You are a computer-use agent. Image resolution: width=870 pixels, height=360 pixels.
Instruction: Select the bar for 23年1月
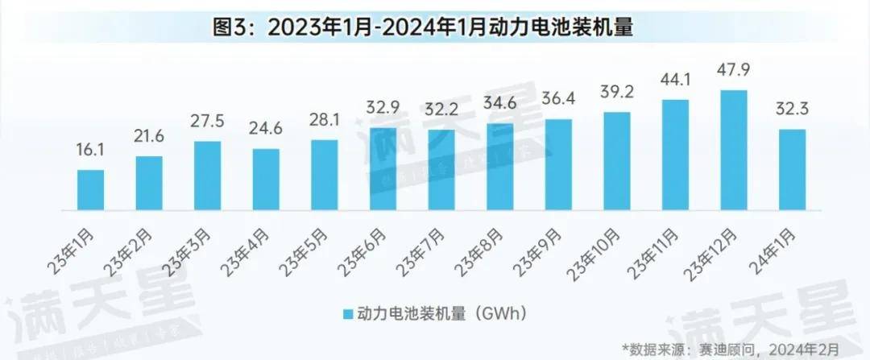pos(90,190)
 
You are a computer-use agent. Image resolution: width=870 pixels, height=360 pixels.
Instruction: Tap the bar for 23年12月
pos(733,150)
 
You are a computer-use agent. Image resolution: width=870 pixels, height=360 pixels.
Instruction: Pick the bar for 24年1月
pos(792,169)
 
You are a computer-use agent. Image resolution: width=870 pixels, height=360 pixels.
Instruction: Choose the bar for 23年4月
pos(266,179)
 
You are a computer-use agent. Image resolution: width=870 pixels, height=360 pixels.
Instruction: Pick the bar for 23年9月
pos(557,164)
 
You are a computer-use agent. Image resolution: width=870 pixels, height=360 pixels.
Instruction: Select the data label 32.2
pos(441,108)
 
